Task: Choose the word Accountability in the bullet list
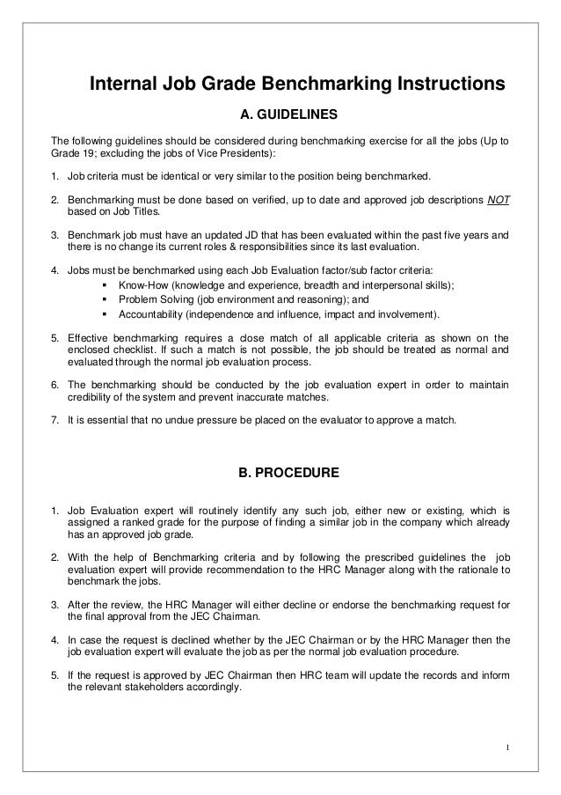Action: [x=150, y=313]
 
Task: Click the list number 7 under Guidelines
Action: [x=54, y=420]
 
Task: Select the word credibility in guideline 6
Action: [x=91, y=398]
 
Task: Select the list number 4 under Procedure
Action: [x=54, y=637]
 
